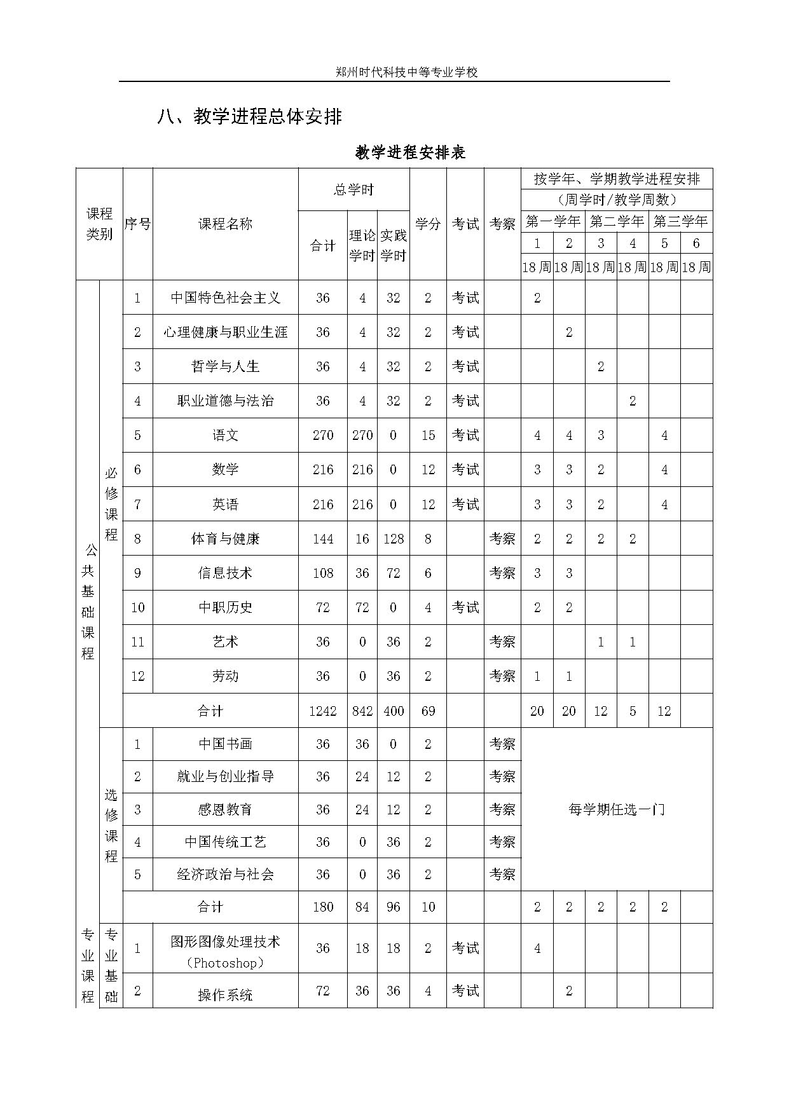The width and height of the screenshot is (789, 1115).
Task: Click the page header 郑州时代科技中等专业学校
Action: [406, 72]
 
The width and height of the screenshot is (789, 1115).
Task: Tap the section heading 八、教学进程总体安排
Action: [250, 117]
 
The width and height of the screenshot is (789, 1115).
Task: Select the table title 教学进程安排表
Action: [411, 153]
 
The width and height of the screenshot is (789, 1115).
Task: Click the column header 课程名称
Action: [226, 224]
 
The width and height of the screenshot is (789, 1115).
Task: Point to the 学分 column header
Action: [428, 224]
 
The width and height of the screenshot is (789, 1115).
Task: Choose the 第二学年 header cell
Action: [616, 221]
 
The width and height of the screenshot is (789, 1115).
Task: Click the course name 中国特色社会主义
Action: [226, 298]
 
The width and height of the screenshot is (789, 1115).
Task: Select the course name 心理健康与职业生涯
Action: [226, 332]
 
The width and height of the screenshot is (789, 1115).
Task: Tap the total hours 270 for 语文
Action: [323, 435]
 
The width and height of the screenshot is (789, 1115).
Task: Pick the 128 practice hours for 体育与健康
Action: [394, 538]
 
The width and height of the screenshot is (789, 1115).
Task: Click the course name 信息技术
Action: [226, 573]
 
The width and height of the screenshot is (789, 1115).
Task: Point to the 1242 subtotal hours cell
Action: [323, 711]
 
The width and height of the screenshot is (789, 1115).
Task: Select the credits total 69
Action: [428, 711]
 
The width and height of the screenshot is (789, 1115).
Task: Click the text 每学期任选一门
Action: [616, 809]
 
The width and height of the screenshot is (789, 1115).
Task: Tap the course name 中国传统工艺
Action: [226, 842]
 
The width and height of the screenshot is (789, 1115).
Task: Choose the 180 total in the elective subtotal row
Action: [323, 906]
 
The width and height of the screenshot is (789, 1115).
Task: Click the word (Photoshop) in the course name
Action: [226, 963]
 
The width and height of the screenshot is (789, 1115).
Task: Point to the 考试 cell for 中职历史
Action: [465, 607]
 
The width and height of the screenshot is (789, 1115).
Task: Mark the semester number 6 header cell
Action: [696, 243]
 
